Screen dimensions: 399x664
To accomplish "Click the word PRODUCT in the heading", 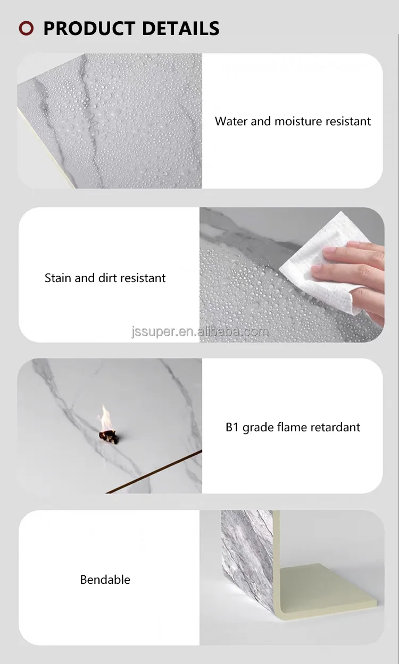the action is coord(90,29).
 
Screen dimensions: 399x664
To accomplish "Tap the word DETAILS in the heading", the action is coord(181,29).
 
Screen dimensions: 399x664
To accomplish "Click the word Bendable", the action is coord(105,580).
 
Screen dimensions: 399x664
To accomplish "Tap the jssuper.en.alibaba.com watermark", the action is coord(200,331).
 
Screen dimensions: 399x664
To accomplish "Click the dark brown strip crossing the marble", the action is coord(154,472).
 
